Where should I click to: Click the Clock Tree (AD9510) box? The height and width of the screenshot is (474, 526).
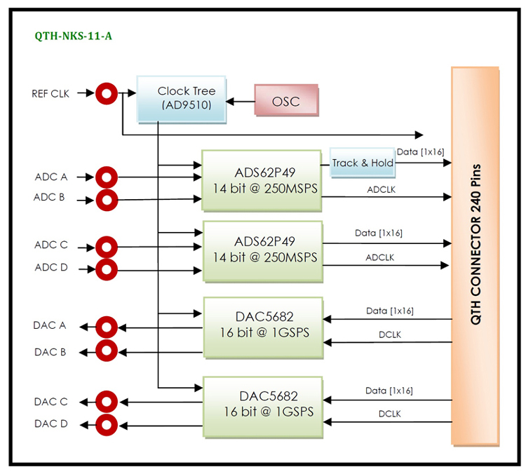[x=180, y=99]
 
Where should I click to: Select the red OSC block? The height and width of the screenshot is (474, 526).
[x=285, y=102]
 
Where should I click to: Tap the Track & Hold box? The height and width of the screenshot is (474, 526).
[x=363, y=163]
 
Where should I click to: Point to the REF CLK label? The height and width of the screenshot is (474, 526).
[x=50, y=93]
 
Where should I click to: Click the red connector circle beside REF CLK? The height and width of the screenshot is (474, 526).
[x=106, y=93]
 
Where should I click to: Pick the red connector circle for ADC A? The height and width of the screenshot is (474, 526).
[x=106, y=177]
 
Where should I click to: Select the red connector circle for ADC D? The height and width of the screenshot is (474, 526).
[x=106, y=269]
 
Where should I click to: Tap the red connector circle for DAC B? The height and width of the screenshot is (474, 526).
[x=106, y=350]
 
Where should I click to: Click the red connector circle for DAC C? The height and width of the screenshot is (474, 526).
[x=106, y=402]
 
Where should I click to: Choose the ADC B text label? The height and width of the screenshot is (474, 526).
[x=49, y=198]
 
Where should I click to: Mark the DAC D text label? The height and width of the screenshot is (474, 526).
[x=50, y=424]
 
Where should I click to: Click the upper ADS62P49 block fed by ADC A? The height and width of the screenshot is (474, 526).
[x=262, y=180]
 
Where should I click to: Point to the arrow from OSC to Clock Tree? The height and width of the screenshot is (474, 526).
[x=240, y=102]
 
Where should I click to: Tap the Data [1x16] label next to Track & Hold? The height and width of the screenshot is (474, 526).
[x=420, y=151]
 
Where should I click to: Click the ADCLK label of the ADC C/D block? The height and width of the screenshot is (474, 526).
[x=380, y=257]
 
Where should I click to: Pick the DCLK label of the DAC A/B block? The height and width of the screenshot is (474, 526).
[x=389, y=334]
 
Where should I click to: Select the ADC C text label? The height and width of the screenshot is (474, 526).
[x=50, y=245]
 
